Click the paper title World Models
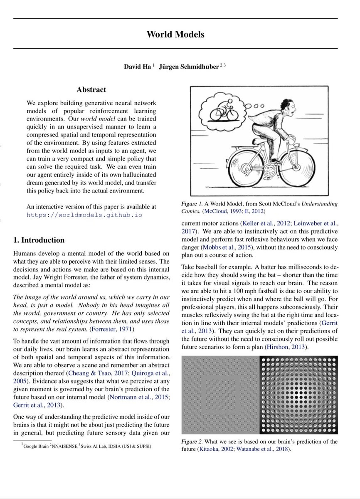pyautogui.click(x=175, y=34)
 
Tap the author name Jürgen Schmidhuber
pyautogui.click(x=188, y=67)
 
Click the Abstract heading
pyautogui.click(x=91, y=90)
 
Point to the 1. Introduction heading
pyautogui.click(x=39, y=240)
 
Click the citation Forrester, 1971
pyautogui.click(x=110, y=329)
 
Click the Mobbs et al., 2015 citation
pyautogui.click(x=229, y=247)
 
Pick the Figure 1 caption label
pyautogui.click(x=193, y=204)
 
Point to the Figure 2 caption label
pyautogui.click(x=193, y=442)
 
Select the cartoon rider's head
pyautogui.click(x=288, y=109)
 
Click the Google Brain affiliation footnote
pyautogui.click(x=35, y=446)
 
